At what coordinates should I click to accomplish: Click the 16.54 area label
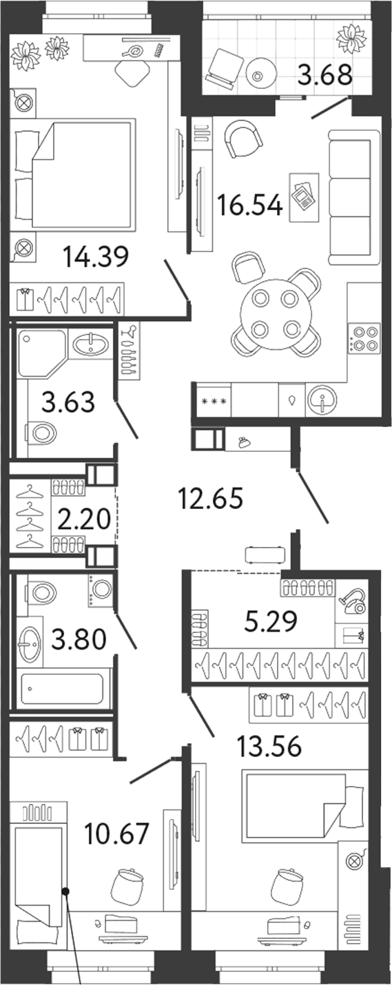(249, 205)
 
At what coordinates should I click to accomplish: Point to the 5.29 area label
(270, 621)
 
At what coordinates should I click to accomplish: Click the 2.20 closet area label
(83, 519)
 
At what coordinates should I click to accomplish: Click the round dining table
(276, 314)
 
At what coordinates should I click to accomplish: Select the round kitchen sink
(322, 401)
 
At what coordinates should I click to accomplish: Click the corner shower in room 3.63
(42, 353)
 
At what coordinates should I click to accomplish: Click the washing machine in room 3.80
(101, 590)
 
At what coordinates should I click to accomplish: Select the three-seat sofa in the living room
(354, 197)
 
